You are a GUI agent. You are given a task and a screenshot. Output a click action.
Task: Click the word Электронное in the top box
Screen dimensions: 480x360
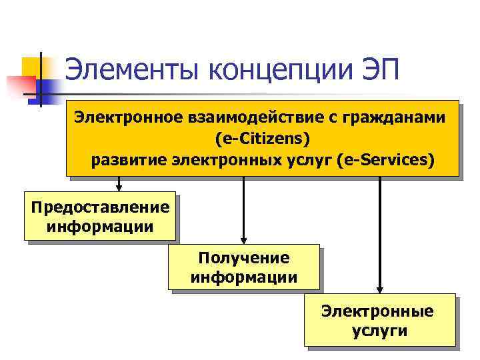127,117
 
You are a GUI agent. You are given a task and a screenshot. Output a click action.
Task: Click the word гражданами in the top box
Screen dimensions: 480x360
397,117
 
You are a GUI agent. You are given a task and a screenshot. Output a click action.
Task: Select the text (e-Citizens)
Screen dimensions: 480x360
263,139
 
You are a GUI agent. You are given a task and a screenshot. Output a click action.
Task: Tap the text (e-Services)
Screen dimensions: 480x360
386,160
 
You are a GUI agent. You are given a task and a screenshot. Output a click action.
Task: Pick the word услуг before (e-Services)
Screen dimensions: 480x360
309,160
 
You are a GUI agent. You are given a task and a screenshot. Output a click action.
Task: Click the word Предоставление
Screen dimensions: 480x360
100,207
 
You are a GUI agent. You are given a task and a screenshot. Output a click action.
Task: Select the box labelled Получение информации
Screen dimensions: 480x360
244,267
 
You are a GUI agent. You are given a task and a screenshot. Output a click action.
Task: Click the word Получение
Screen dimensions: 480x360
244,258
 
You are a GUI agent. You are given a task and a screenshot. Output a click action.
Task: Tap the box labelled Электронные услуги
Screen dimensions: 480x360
380,320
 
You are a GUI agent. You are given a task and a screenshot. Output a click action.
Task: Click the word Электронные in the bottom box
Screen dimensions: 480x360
377,311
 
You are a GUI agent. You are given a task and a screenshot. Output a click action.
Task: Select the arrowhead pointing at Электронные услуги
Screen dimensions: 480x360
380,289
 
